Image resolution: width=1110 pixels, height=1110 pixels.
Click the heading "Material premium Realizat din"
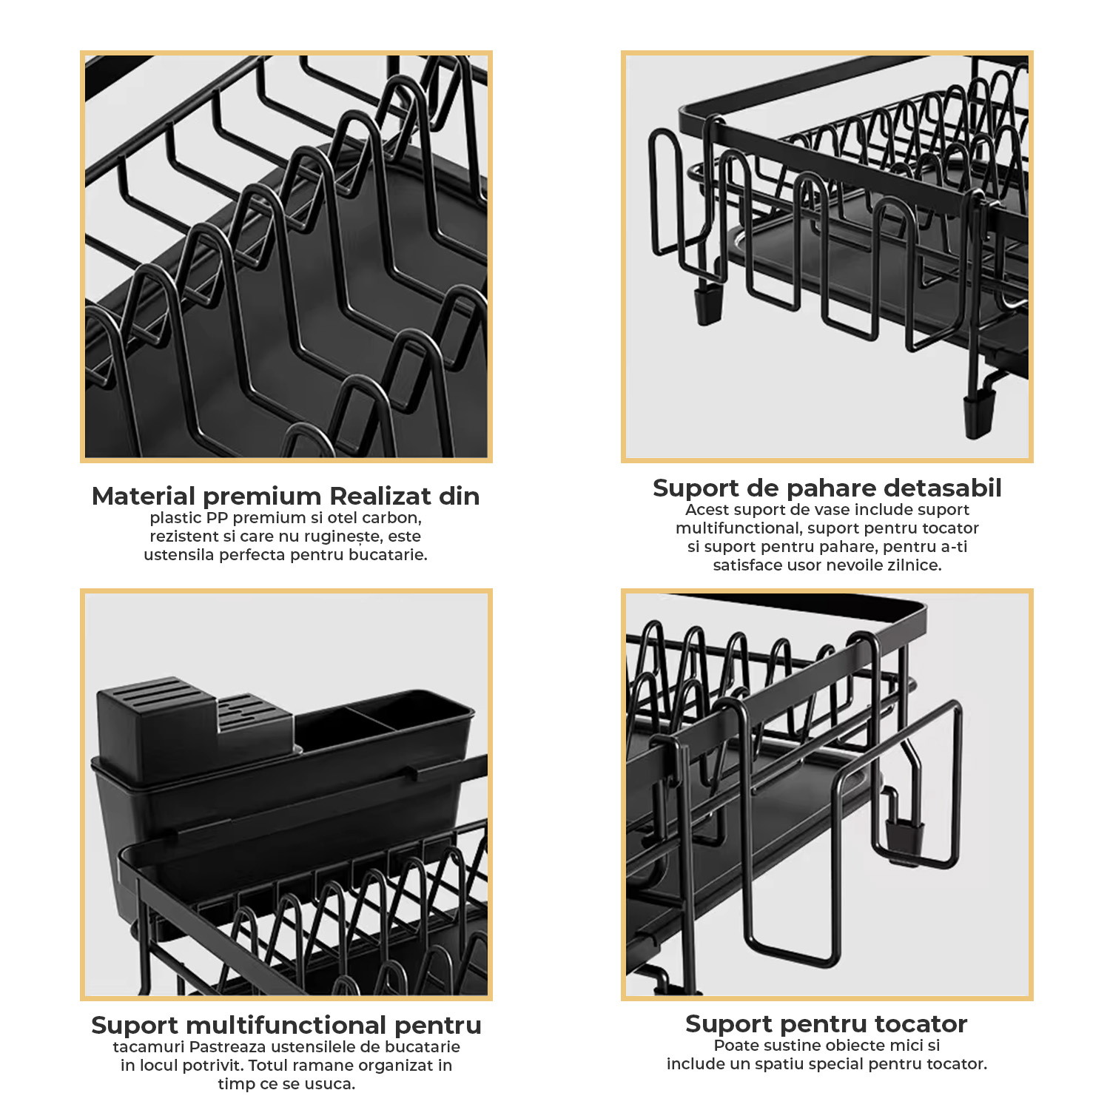coord(286,496)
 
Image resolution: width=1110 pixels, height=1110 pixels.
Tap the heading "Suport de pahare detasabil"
coord(827,488)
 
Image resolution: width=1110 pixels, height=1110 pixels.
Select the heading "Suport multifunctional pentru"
coord(286,1025)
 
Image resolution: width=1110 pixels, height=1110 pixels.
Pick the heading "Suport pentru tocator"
coord(827,1023)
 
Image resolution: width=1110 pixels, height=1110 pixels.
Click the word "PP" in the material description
coord(217,518)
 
